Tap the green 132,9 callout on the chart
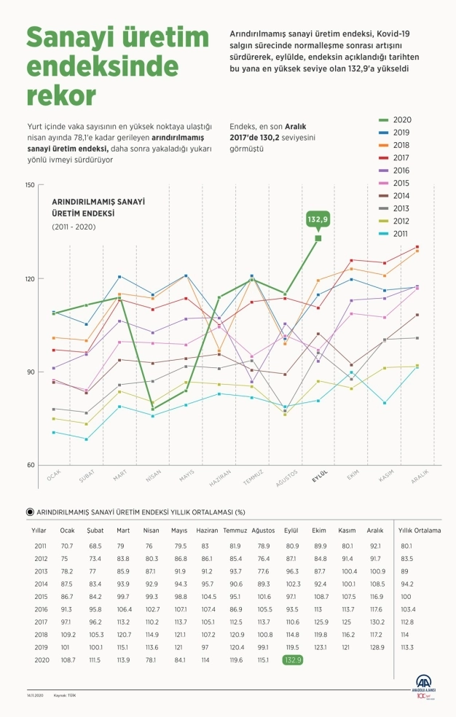318,219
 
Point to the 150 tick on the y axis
30,185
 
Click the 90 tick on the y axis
30,372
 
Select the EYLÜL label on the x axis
321,475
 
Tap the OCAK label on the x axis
54,475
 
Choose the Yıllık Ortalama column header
420,530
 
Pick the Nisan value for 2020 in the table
152,660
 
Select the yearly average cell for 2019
406,646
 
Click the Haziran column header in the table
208,530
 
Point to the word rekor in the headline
60,94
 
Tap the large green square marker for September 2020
318,238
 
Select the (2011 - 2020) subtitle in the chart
73,227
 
